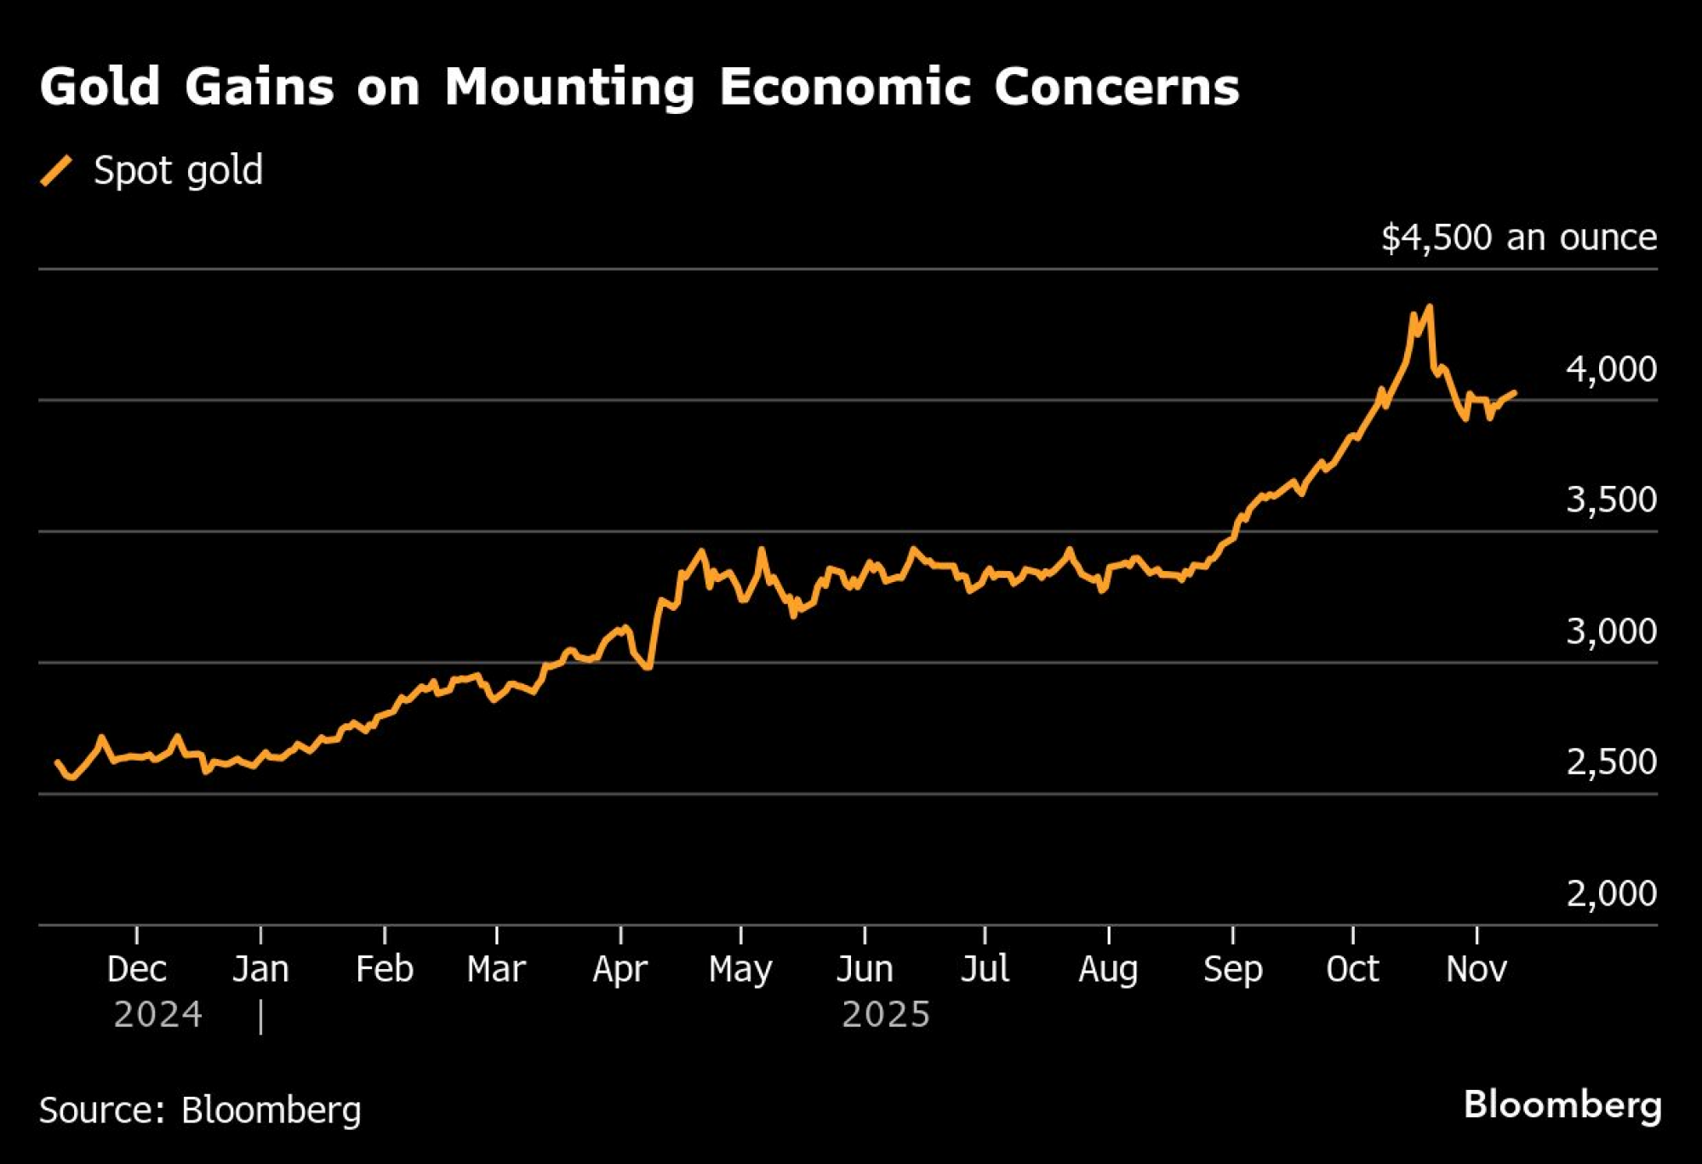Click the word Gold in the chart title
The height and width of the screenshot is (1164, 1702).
click(100, 87)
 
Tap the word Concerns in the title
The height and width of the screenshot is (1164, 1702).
click(1116, 87)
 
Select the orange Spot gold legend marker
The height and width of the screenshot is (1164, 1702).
click(57, 170)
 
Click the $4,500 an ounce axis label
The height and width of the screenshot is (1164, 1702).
click(1518, 237)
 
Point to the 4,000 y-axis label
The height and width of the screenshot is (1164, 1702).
click(1610, 369)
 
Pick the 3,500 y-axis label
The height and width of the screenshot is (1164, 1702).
click(1610, 500)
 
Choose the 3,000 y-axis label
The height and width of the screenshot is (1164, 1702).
click(1610, 631)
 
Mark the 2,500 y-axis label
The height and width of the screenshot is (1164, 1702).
click(1610, 762)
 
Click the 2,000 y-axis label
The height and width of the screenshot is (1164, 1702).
click(1610, 893)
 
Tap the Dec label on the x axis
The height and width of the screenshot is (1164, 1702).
click(137, 969)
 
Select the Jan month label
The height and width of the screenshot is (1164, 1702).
click(260, 969)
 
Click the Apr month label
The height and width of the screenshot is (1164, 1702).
click(620, 969)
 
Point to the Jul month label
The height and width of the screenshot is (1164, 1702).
click(985, 969)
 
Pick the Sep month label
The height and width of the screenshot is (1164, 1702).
click(1232, 969)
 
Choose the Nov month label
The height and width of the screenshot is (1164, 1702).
click(1476, 969)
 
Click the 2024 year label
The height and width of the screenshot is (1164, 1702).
click(158, 1014)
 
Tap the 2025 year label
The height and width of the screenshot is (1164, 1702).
click(886, 1014)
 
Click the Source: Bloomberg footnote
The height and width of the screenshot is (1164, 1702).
click(200, 1110)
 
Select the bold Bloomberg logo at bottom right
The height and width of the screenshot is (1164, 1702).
click(1562, 1105)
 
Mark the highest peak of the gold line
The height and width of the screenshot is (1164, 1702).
click(1430, 306)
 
